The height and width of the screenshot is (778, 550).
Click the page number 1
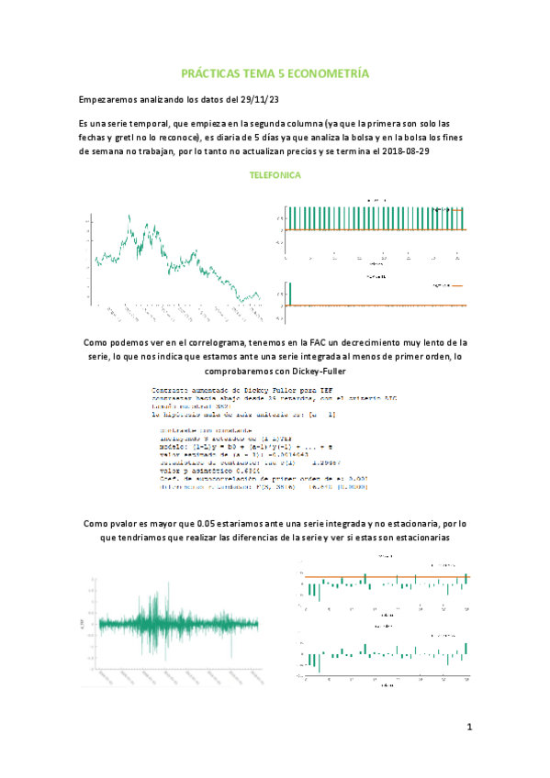click(x=468, y=729)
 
